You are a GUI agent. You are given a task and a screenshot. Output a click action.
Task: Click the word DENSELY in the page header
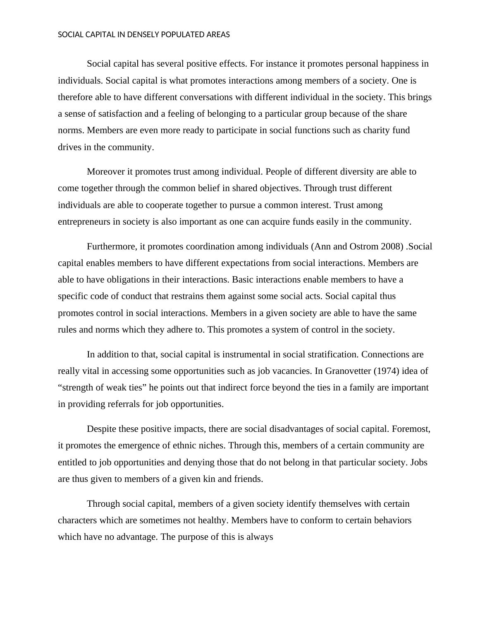[143, 35]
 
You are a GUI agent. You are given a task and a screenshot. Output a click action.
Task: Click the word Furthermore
[112, 247]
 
